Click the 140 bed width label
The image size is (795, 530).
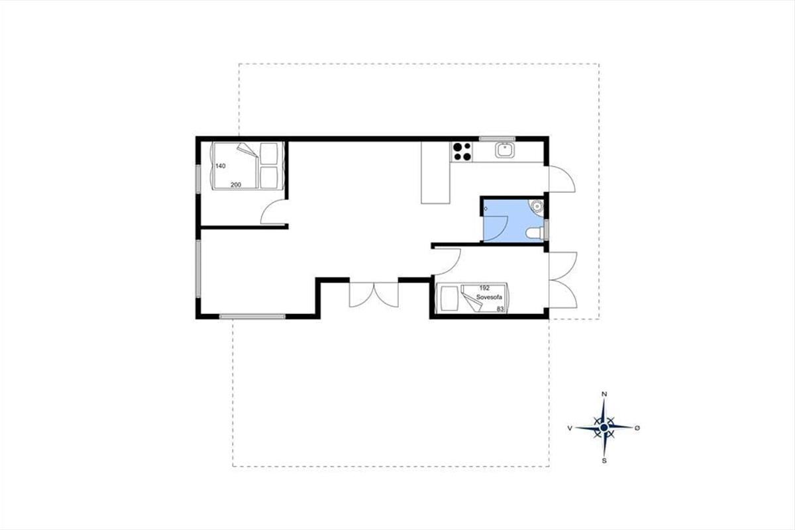pos(221,166)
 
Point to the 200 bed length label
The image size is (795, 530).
pos(236,185)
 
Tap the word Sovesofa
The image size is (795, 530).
pos(489,297)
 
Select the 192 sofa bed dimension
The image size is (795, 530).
pos(484,288)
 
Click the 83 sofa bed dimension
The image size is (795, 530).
pos(500,309)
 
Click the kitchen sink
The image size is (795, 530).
pos(505,150)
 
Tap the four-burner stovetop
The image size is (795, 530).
pos(462,152)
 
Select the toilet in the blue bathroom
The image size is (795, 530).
pos(534,233)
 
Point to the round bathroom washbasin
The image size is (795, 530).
pos(537,206)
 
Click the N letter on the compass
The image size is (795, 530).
pos(604,394)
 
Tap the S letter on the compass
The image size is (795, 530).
pos(604,461)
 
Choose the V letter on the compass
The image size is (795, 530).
pos(570,428)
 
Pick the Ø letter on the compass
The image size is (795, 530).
pos(637,428)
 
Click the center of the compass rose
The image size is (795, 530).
pos(604,428)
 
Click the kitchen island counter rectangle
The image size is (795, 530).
pos(435,172)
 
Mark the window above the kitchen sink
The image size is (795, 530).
pos(497,139)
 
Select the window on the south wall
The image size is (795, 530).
pos(252,316)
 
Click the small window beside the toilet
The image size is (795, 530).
pos(547,229)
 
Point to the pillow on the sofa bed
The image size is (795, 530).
pos(450,298)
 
